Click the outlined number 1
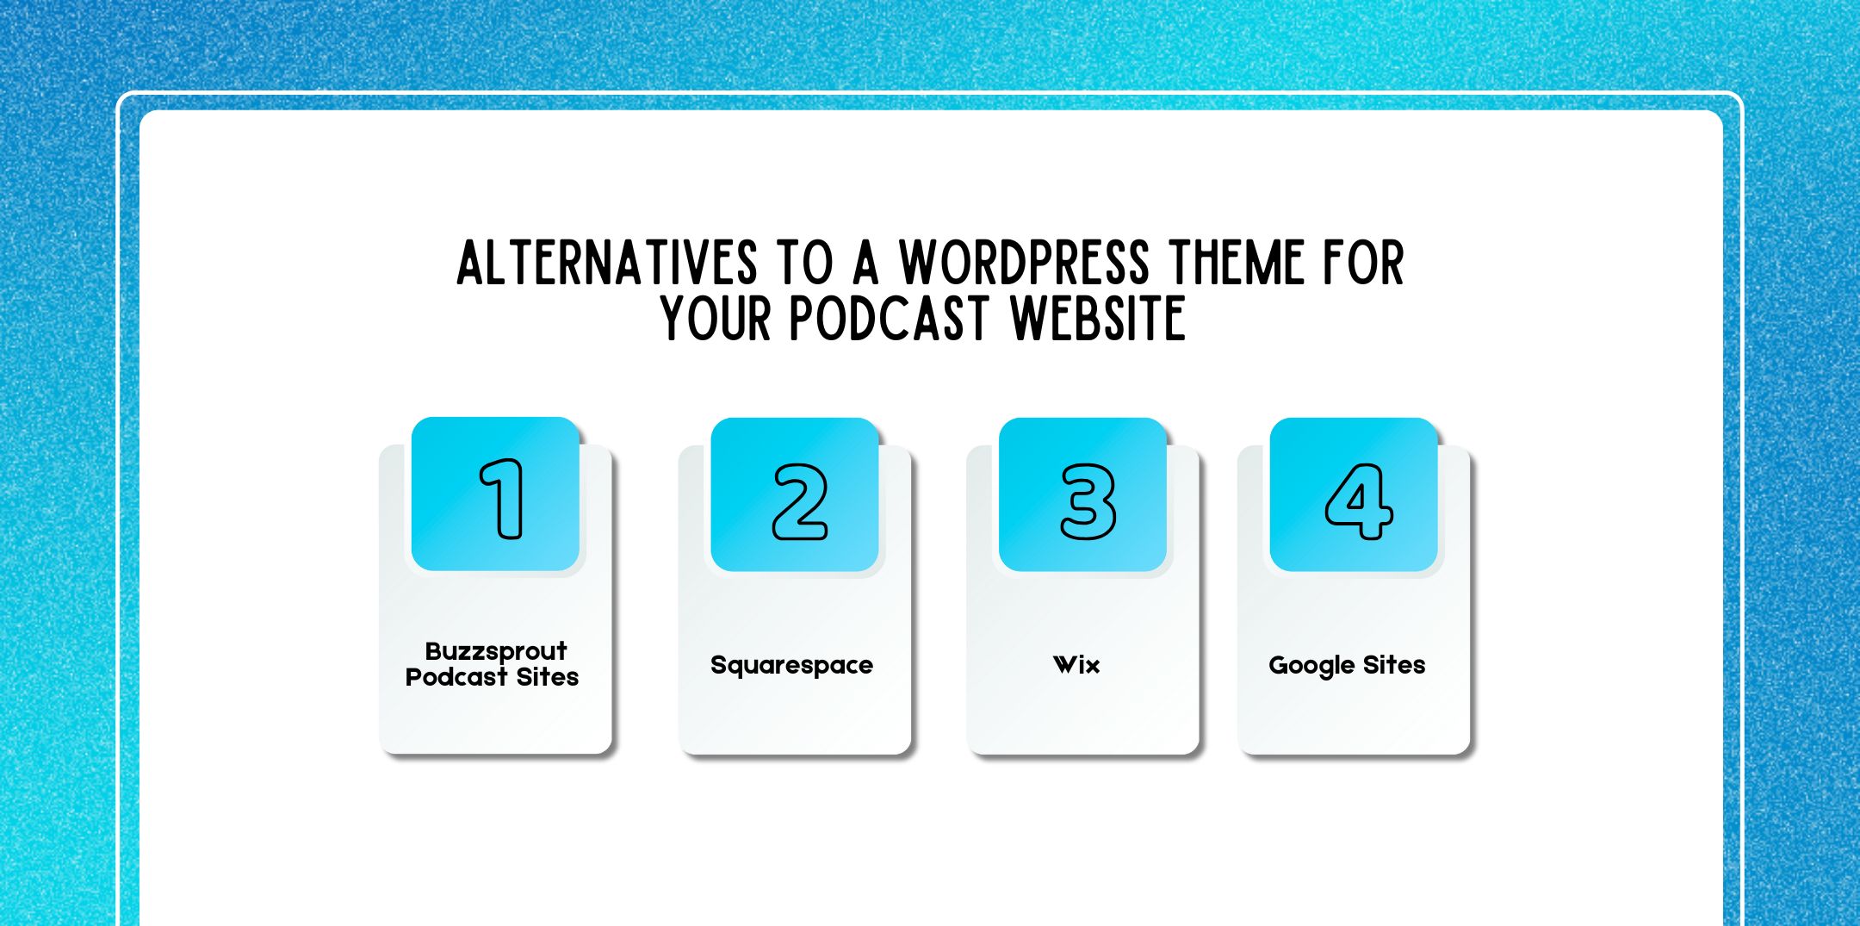pos(502,499)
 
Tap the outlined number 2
pos(800,501)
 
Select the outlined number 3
pos(1088,501)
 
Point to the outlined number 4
pos(1358,500)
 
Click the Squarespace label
pos(791,665)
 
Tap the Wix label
pos(1076,665)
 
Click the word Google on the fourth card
pos(1311,666)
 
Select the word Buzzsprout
pos(496,651)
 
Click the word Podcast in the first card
pos(456,677)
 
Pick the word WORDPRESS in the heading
pos(1024,263)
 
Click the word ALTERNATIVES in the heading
pos(607,263)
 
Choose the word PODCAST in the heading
pos(888,319)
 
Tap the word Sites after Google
pos(1394,665)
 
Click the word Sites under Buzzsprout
pos(548,677)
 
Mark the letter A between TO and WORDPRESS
pos(865,263)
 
